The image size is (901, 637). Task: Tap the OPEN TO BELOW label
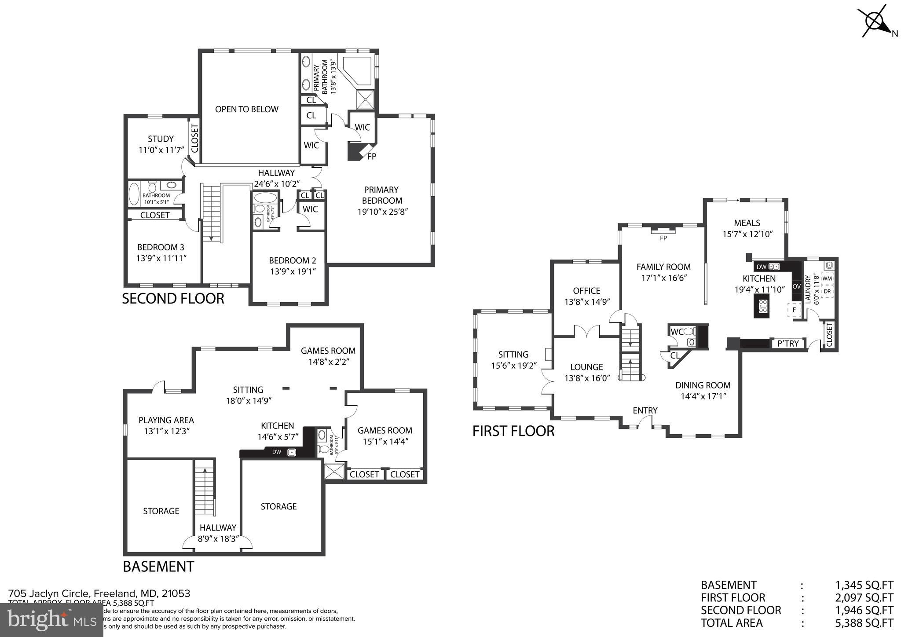[246, 109]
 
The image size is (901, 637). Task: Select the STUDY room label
[161, 139]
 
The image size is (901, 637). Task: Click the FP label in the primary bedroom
[371, 156]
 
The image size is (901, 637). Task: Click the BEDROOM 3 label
[161, 247]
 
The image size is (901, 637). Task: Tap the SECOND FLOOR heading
[173, 299]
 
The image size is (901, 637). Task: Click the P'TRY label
[788, 344]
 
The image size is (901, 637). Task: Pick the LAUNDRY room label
[807, 289]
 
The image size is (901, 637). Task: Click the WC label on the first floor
[676, 331]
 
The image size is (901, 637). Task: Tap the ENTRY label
[645, 410]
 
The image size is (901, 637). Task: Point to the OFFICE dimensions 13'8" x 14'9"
[587, 302]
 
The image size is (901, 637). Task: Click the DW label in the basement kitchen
[276, 452]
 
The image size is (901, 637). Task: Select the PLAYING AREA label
[166, 420]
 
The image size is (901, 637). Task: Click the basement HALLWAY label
[218, 527]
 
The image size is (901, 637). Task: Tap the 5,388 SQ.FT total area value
[864, 623]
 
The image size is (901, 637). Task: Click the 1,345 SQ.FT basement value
[864, 585]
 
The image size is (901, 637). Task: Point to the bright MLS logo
[51, 620]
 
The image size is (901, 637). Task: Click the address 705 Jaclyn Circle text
[99, 593]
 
